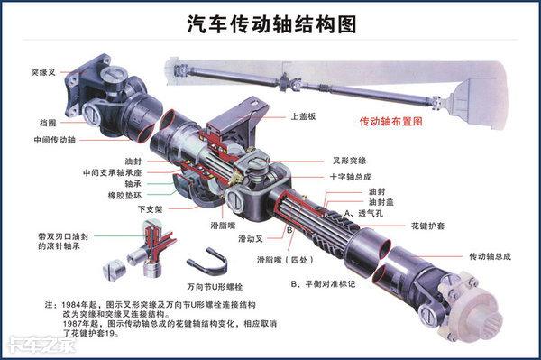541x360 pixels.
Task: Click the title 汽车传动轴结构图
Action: pyautogui.click(x=272, y=24)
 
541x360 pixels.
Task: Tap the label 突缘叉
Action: pyautogui.click(x=43, y=72)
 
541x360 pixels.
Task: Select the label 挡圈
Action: pyautogui.click(x=48, y=123)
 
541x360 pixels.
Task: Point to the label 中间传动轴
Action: pyautogui.click(x=54, y=140)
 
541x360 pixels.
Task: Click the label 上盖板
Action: pyautogui.click(x=303, y=116)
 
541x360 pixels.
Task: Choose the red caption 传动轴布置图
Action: pyautogui.click(x=391, y=122)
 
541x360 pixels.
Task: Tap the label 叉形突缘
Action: pyautogui.click(x=350, y=161)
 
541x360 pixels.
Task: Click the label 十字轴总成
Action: pyautogui.click(x=350, y=177)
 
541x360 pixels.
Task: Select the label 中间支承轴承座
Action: pyautogui.click(x=112, y=172)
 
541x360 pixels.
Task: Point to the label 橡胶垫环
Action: pyautogui.click(x=125, y=196)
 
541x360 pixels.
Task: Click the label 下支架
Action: pyautogui.click(x=150, y=209)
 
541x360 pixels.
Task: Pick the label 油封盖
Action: pyautogui.click(x=381, y=202)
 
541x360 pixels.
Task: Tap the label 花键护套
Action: pyautogui.click(x=427, y=226)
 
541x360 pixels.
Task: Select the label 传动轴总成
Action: pyautogui.click(x=490, y=256)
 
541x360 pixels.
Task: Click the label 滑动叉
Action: pyautogui.click(x=251, y=239)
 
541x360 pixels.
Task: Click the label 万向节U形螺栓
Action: pyautogui.click(x=215, y=287)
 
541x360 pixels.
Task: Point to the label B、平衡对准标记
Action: pyautogui.click(x=323, y=284)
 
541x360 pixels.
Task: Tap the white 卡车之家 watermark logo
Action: pyautogui.click(x=41, y=345)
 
